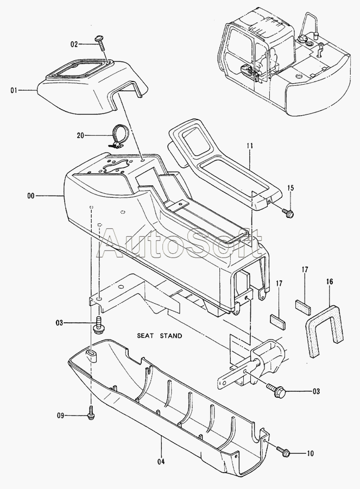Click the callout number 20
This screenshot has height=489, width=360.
(x=81, y=135)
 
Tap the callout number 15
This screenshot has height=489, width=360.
(x=290, y=188)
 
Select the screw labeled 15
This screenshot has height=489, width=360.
(x=288, y=213)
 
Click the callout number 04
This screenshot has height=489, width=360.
(x=161, y=462)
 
